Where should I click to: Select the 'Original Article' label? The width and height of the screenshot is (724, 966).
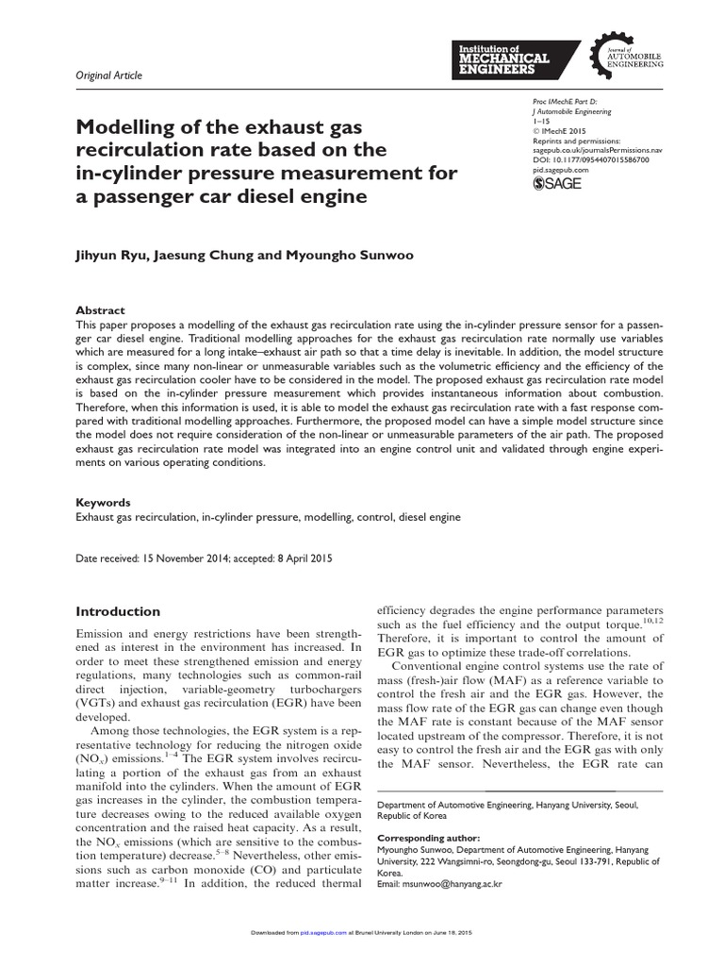point(108,75)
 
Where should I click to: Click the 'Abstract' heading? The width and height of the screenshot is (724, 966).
point(100,310)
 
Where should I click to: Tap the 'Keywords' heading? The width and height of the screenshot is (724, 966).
point(103,503)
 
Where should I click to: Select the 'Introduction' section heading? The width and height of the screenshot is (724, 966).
point(118,611)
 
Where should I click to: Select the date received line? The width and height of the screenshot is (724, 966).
point(203,558)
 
